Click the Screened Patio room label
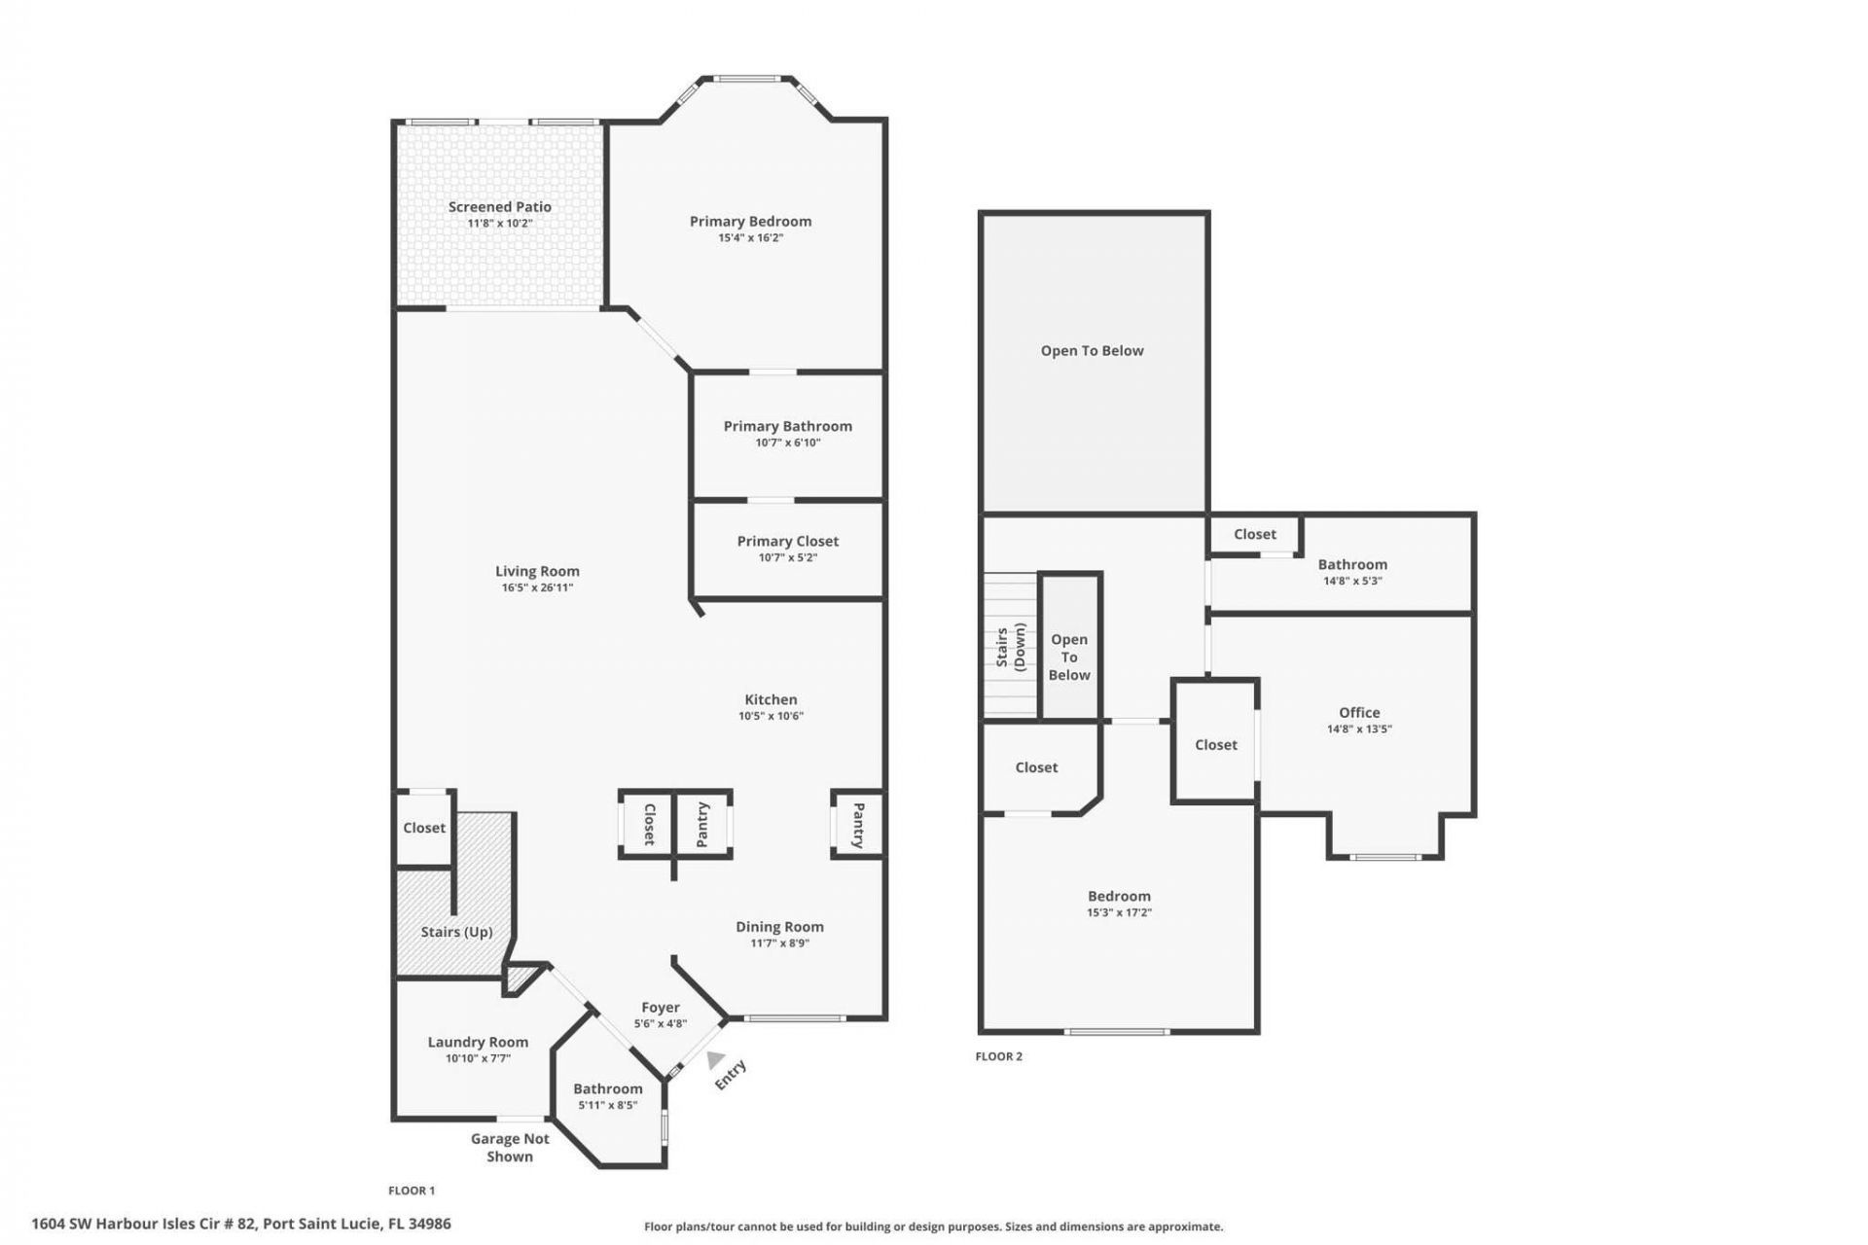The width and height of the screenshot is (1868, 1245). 499,206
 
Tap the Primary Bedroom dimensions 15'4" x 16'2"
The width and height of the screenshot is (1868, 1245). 750,237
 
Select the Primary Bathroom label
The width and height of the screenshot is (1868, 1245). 787,426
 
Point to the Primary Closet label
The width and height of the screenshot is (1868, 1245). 787,541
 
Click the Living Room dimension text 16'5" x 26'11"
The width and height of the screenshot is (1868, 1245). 537,587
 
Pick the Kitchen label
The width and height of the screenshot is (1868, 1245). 771,699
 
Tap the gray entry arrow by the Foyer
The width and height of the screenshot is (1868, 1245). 716,1059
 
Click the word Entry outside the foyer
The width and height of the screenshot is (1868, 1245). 731,1075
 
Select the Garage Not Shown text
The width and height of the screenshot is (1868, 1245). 510,1147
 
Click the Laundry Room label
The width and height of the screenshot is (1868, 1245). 478,1042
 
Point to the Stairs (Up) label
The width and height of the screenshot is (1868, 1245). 456,932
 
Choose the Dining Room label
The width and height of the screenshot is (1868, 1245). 779,927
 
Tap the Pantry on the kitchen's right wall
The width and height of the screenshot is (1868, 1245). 858,825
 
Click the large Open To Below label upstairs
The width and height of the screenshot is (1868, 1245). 1092,351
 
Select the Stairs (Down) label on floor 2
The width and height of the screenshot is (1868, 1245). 1011,647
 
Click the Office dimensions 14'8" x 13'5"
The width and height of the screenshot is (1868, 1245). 1359,729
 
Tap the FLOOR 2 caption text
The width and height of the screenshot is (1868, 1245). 998,1056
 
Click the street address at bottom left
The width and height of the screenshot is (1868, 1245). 241,1224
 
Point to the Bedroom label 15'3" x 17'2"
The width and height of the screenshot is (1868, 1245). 1119,896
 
